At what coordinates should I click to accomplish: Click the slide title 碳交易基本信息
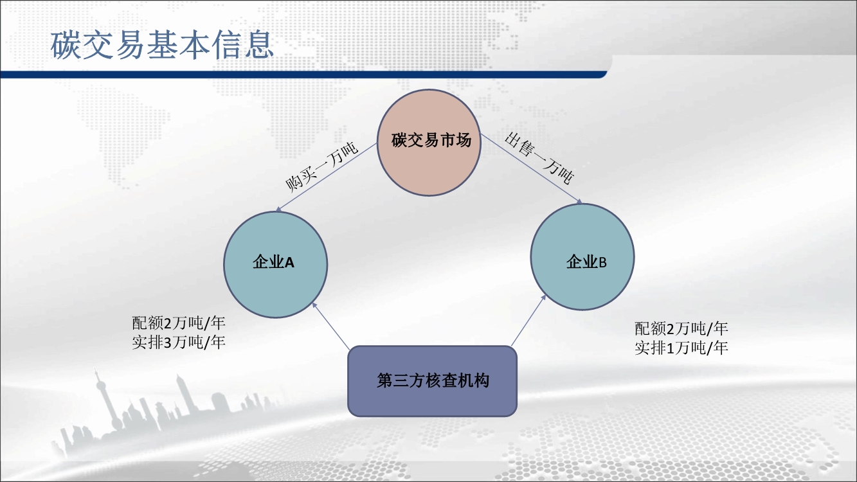[x=162, y=46]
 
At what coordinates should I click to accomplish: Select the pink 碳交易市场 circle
[x=429, y=143]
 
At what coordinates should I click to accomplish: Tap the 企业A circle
[x=275, y=265]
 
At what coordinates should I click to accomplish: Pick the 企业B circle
[x=582, y=257]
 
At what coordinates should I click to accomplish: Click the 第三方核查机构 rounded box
[x=432, y=381]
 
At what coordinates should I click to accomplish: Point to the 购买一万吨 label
[x=321, y=167]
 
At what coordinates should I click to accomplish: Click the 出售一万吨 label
[x=539, y=158]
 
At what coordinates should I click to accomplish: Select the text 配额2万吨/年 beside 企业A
[x=179, y=323]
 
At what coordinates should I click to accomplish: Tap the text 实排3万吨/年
[x=179, y=343]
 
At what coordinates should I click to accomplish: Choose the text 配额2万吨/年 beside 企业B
[x=681, y=328]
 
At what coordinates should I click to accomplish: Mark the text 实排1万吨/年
[x=681, y=348]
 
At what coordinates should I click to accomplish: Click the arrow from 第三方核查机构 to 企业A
[x=331, y=326]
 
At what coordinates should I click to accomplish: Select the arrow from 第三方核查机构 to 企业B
[x=528, y=320]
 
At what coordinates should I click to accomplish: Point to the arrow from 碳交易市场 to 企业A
[x=327, y=177]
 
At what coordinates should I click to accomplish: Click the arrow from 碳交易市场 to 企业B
[x=532, y=168]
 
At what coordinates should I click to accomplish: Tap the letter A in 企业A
[x=289, y=263]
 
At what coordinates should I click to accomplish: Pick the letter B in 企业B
[x=602, y=263]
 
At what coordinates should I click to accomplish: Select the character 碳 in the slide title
[x=64, y=46]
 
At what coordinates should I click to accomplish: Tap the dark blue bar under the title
[x=303, y=75]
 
